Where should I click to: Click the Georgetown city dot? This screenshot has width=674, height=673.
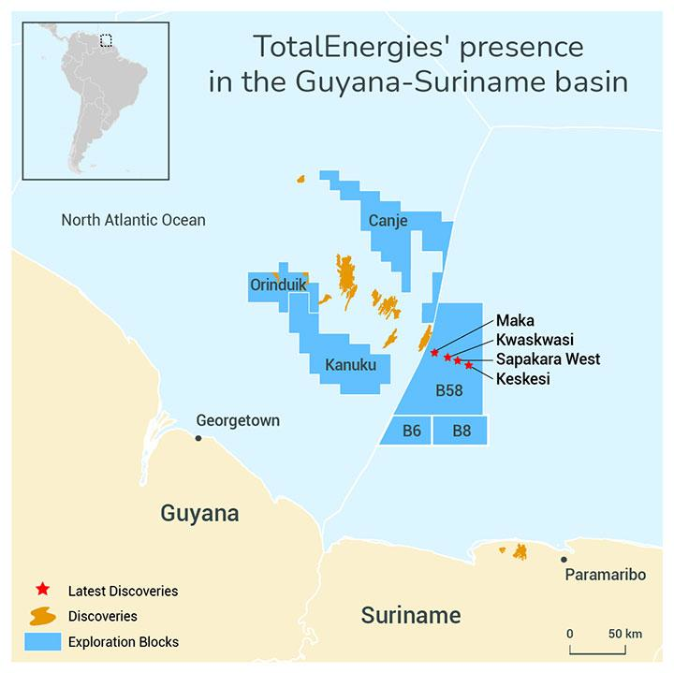(x=198, y=437)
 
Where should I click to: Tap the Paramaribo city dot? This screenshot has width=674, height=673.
(x=564, y=560)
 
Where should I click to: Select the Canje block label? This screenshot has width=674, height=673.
(x=388, y=222)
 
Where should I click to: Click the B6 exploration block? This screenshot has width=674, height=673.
(x=411, y=431)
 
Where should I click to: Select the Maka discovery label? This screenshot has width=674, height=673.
(x=515, y=321)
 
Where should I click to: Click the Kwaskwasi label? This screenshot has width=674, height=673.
(x=535, y=340)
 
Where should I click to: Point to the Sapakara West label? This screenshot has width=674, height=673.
(x=548, y=358)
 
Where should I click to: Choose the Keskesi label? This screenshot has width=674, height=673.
(x=523, y=378)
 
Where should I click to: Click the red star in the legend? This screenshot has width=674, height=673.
(x=42, y=590)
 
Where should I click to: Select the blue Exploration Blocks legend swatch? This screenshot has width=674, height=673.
(x=42, y=641)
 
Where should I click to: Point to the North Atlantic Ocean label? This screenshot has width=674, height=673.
(x=133, y=220)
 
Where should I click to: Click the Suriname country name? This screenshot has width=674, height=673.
(x=411, y=615)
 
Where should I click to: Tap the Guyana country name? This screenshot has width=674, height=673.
(x=199, y=513)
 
